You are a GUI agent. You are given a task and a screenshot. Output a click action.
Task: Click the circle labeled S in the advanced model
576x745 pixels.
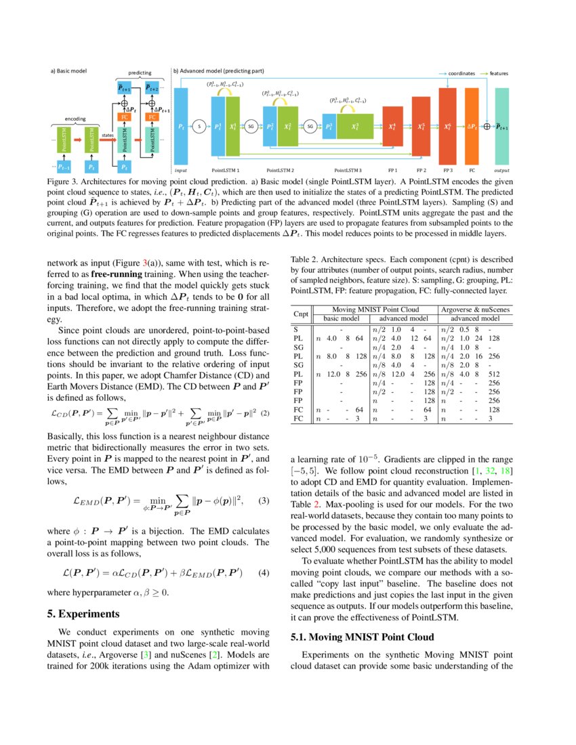199,126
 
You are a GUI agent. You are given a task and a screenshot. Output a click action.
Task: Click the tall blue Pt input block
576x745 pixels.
181,126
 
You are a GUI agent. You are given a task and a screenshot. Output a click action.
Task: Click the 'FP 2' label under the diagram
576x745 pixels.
421,171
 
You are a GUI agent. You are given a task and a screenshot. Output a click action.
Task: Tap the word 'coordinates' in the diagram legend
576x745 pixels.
461,73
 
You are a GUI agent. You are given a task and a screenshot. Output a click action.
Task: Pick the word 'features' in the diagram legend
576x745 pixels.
499,73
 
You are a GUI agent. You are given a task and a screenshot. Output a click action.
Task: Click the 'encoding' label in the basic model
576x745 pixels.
75,119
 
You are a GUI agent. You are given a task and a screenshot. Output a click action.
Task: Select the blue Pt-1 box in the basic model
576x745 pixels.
63,165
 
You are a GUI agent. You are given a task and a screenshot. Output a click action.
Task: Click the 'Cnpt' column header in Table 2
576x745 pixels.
300,314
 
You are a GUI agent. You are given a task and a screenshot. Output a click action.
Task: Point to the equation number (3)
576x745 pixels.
264,501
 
